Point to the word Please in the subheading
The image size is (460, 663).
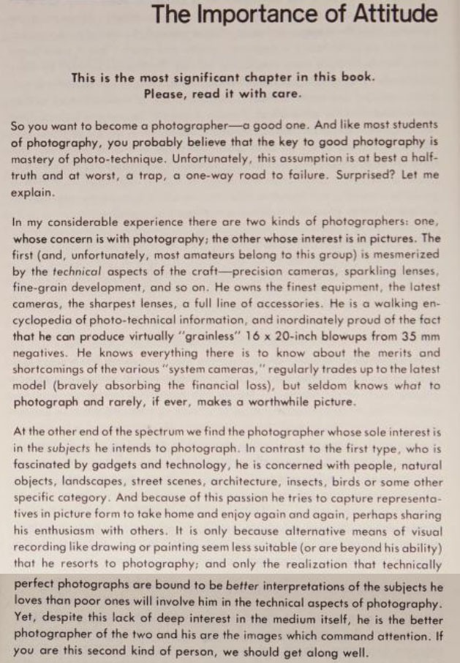[x=166, y=94]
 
